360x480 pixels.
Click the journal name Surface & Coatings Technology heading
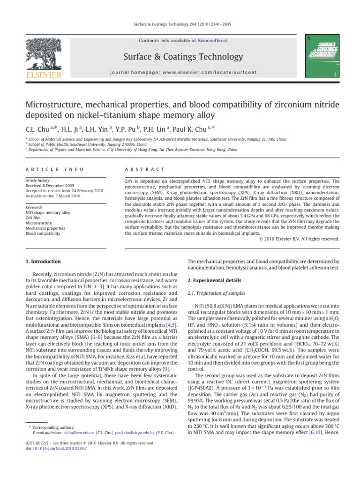pyautogui.click(x=180, y=57)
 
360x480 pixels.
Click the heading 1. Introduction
pyautogui.click(x=42, y=261)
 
